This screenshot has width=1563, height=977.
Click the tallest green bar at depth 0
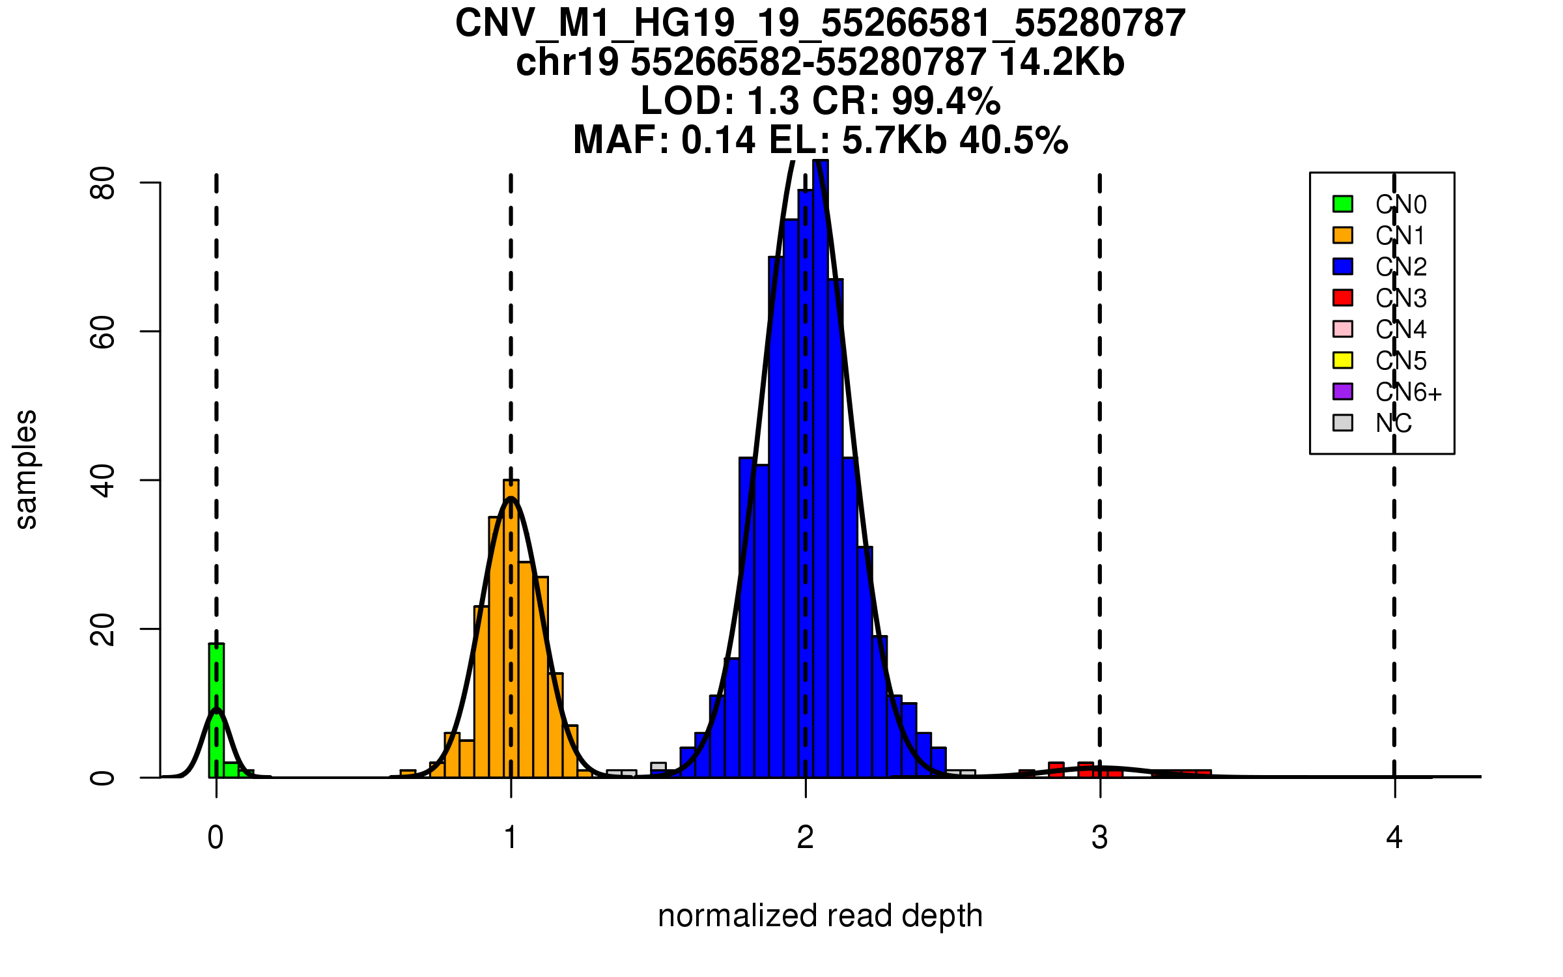point(216,710)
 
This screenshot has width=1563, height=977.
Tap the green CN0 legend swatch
point(1343,204)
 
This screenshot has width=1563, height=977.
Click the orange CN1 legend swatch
point(1343,235)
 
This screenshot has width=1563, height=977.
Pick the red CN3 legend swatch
point(1343,298)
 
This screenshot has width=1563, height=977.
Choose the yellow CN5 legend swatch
point(1343,360)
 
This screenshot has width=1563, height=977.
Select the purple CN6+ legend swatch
point(1343,391)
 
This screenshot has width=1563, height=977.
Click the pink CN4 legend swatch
point(1343,329)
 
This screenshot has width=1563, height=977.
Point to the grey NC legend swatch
point(1343,423)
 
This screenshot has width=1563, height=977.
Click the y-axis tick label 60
point(103,332)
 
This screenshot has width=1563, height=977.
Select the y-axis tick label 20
point(103,629)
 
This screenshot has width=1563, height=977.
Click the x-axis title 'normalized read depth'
point(820,916)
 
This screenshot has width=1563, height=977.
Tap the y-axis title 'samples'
point(26,470)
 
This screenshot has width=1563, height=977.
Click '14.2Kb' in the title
point(1062,63)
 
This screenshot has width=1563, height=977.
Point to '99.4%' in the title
point(946,102)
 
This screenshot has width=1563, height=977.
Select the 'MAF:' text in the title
point(621,141)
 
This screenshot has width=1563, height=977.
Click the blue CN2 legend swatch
point(1343,266)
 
